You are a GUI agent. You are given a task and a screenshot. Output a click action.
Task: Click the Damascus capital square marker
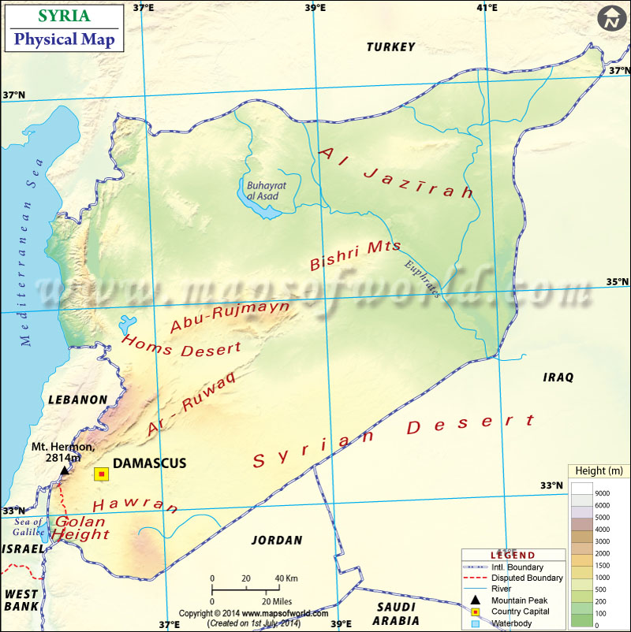click(101, 474)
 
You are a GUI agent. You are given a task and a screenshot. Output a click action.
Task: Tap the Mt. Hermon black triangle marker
click(65, 470)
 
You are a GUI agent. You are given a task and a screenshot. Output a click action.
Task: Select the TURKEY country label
click(390, 47)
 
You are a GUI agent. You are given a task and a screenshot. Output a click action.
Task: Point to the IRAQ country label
click(558, 377)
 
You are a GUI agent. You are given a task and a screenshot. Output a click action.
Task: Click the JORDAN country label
click(276, 541)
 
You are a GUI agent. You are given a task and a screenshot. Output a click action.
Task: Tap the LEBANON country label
click(77, 400)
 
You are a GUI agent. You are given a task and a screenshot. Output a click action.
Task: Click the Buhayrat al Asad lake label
click(263, 190)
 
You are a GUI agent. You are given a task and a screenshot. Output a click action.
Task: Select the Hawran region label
click(135, 504)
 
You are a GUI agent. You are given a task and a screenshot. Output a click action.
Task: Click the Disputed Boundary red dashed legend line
click(475, 578)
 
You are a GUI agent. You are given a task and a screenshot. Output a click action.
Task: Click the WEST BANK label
click(21, 600)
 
